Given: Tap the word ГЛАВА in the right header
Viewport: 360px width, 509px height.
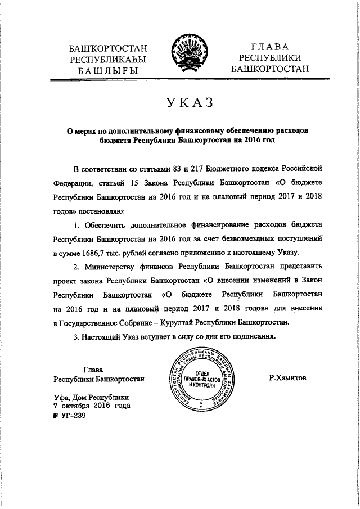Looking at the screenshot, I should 269,47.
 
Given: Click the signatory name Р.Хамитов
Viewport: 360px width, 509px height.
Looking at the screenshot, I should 287,379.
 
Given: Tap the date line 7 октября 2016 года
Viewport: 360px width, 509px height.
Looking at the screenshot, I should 92,405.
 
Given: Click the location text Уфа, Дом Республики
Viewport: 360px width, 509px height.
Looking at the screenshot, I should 91,396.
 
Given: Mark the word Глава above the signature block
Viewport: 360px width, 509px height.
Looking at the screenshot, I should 92,370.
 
